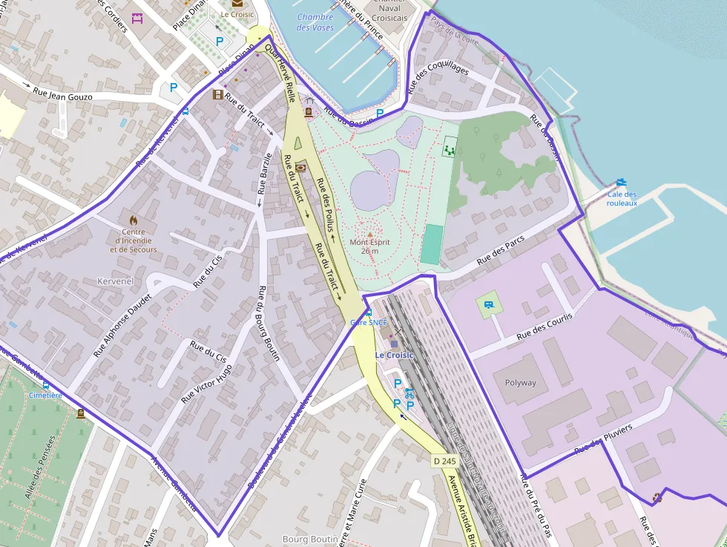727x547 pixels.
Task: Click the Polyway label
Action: click(x=520, y=383)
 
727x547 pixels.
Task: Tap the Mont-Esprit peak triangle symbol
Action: click(x=370, y=234)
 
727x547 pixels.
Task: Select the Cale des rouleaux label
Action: click(x=622, y=198)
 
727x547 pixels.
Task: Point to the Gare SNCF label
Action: click(x=369, y=322)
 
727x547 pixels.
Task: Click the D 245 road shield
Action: click(x=444, y=461)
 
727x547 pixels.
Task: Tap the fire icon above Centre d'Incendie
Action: click(x=134, y=220)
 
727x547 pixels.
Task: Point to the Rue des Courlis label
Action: click(x=545, y=327)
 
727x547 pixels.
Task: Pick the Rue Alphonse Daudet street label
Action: click(x=122, y=326)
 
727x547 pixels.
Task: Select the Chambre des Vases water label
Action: click(x=315, y=22)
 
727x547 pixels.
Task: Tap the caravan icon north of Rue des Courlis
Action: click(x=489, y=304)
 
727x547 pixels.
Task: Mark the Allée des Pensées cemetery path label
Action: click(x=41, y=468)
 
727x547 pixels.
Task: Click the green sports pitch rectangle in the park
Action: click(x=431, y=244)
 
